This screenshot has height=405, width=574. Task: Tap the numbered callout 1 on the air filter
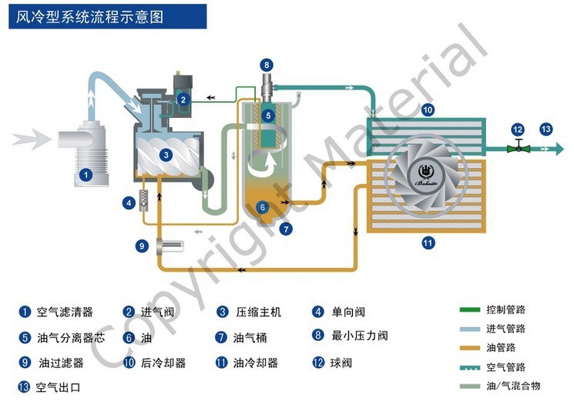[86, 175]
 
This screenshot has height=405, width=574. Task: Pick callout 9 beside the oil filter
[142, 245]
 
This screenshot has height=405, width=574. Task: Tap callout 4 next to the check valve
[128, 203]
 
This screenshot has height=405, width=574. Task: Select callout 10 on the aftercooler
[428, 110]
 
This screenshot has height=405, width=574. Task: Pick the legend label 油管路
[501, 347]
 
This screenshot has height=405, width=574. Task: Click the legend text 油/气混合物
[512, 385]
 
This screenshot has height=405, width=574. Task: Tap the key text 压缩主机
[259, 312]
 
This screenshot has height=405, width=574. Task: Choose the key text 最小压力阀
[360, 336]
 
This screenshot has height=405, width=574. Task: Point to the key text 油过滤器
[61, 362]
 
